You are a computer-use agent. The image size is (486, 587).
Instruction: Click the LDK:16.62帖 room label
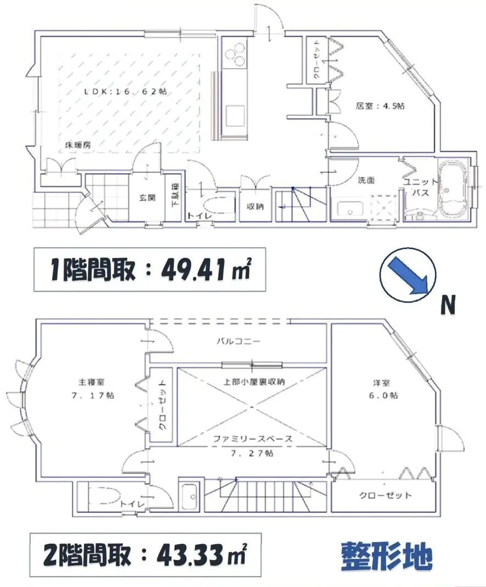[125, 92]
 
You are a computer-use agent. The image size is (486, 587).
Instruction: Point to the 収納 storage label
[255, 207]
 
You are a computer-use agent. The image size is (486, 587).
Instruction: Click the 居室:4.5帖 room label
[379, 107]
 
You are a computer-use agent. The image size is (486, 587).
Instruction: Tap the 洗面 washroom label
[366, 180]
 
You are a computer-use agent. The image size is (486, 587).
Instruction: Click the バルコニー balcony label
[237, 341]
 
